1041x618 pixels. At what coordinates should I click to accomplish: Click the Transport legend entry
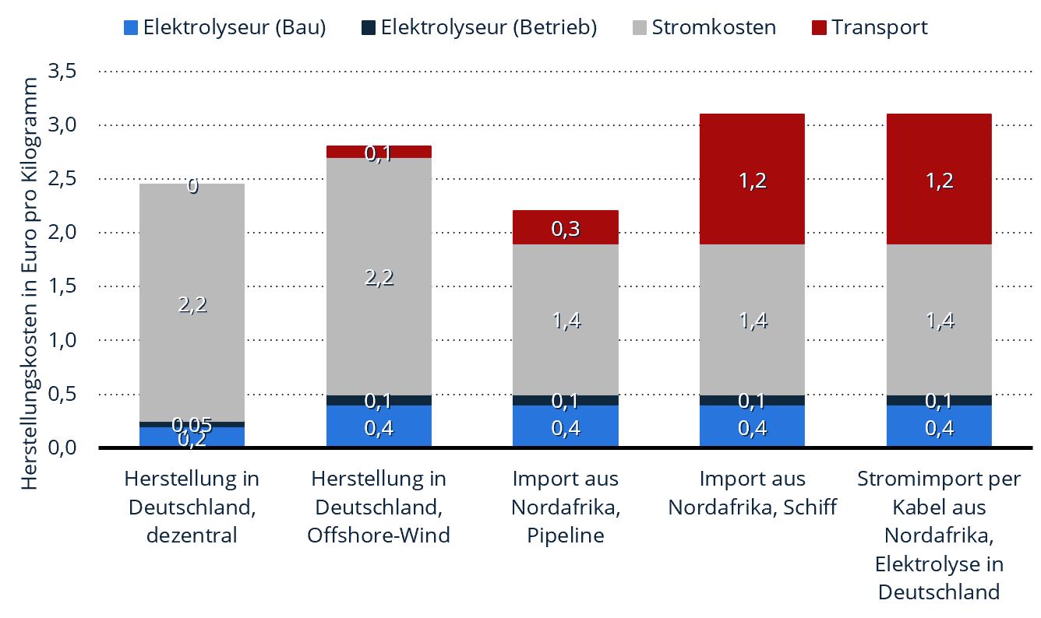870,27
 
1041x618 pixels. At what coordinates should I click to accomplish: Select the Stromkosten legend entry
704,27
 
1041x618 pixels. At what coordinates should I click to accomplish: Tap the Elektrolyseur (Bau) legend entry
225,27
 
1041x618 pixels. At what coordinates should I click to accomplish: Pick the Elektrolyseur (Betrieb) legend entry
479,27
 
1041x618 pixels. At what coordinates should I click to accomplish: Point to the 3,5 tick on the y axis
62,72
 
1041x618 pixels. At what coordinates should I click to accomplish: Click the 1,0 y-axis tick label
62,340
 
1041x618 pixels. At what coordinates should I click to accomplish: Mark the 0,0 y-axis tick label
62,448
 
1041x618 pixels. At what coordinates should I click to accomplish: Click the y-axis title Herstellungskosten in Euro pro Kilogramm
30,283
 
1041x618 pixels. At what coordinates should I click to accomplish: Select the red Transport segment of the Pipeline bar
566,227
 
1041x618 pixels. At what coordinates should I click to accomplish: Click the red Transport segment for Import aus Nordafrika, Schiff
753,179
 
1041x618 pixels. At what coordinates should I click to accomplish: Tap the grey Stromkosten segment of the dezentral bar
192,303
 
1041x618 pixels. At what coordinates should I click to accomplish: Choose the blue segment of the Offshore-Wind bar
379,426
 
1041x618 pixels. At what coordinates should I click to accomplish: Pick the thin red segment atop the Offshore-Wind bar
379,152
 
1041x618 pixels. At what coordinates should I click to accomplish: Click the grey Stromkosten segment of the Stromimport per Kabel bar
939,320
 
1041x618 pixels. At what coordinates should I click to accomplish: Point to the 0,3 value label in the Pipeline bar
566,228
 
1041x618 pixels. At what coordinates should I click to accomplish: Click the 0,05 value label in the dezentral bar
192,424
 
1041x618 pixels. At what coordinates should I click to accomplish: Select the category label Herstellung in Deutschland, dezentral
192,507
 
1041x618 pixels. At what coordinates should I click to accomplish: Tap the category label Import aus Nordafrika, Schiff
753,493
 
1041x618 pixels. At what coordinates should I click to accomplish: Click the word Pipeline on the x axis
566,535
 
